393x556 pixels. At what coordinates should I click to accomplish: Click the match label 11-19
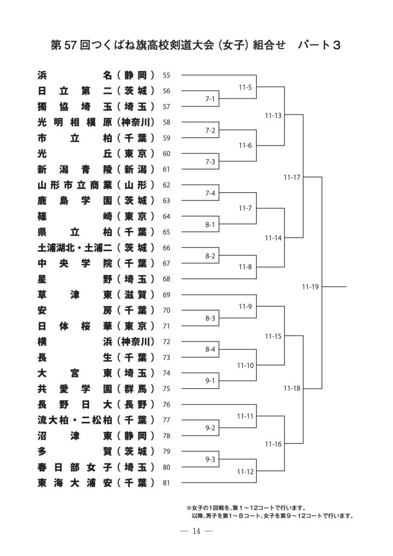[310, 287]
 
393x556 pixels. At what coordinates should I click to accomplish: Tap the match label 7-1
[210, 99]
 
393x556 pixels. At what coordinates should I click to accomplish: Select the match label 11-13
[273, 115]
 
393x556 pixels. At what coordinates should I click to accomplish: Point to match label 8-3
[210, 318]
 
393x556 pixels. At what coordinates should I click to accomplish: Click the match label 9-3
[210, 459]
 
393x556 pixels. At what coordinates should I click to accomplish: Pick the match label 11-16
[273, 444]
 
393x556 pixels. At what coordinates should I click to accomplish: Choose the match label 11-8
[245, 267]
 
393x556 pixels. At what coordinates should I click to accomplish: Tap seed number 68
[166, 279]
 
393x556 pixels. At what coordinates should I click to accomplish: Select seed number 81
[166, 483]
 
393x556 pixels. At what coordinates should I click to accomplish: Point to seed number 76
[166, 405]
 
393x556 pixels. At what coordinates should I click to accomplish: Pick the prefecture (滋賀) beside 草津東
[136, 295]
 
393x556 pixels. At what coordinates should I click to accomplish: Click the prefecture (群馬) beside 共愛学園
[136, 389]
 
